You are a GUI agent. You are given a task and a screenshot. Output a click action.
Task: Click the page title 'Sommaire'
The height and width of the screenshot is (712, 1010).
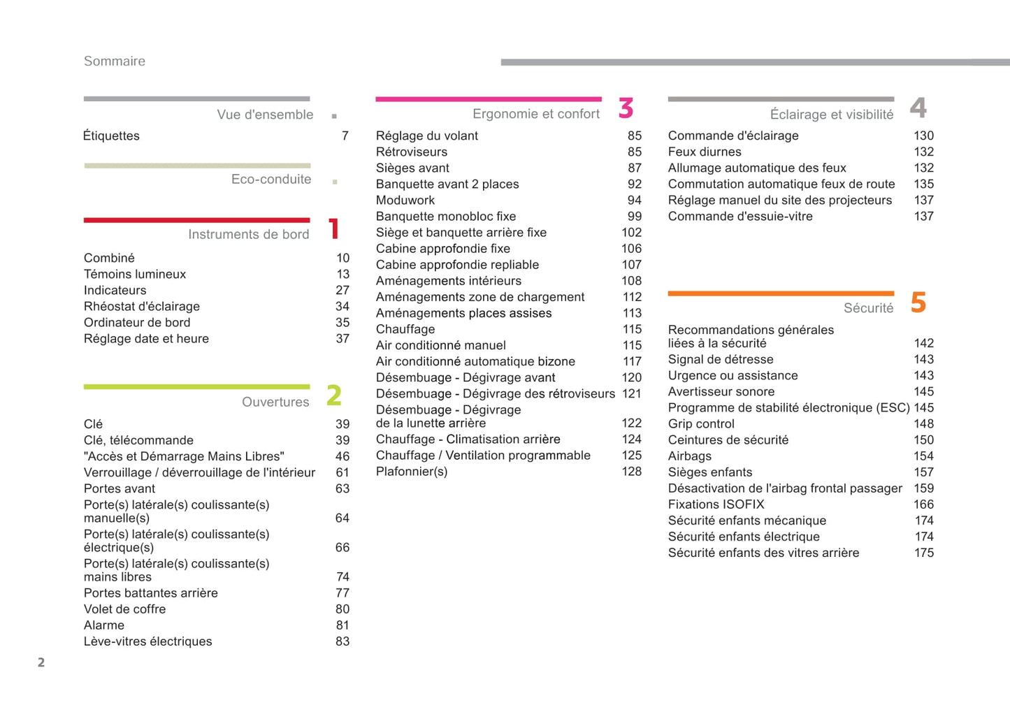115,61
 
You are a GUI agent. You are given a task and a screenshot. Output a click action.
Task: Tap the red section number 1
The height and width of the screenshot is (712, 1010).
334,228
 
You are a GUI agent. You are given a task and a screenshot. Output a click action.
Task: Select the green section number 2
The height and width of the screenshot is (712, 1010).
334,395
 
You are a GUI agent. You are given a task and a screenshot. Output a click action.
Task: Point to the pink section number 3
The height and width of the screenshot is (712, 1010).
626,108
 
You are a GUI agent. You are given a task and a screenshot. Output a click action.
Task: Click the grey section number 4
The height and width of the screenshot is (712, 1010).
918,108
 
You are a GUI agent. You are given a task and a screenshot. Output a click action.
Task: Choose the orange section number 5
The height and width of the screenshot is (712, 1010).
918,303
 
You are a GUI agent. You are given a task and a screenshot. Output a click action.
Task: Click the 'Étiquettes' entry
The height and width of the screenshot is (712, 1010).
111,136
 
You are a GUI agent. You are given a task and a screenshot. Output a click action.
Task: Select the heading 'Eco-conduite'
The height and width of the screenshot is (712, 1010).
271,179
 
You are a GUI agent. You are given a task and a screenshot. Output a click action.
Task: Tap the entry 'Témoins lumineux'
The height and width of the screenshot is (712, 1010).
135,274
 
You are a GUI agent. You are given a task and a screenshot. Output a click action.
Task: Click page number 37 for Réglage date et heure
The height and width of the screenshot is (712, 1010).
342,338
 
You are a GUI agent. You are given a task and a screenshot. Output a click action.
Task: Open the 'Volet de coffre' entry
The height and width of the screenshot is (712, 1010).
125,609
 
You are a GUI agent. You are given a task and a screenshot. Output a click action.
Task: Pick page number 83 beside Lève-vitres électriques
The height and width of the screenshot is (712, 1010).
342,641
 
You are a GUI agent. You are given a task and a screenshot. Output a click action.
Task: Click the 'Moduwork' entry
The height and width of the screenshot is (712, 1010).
405,200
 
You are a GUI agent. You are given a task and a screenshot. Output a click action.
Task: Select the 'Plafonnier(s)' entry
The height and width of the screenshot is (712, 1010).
412,471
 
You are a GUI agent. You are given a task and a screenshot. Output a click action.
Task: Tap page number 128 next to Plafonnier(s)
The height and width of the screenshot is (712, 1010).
631,471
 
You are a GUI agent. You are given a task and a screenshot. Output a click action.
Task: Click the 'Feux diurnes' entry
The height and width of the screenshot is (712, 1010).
705,152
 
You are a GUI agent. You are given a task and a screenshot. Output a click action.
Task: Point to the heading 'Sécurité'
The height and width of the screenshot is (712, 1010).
868,308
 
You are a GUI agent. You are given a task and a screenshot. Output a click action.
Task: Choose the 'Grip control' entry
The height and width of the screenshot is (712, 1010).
701,423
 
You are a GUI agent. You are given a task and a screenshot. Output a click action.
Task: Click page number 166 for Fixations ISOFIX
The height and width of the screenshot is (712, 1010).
923,504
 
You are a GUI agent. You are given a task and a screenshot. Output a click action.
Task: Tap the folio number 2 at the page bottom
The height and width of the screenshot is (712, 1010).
41,662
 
